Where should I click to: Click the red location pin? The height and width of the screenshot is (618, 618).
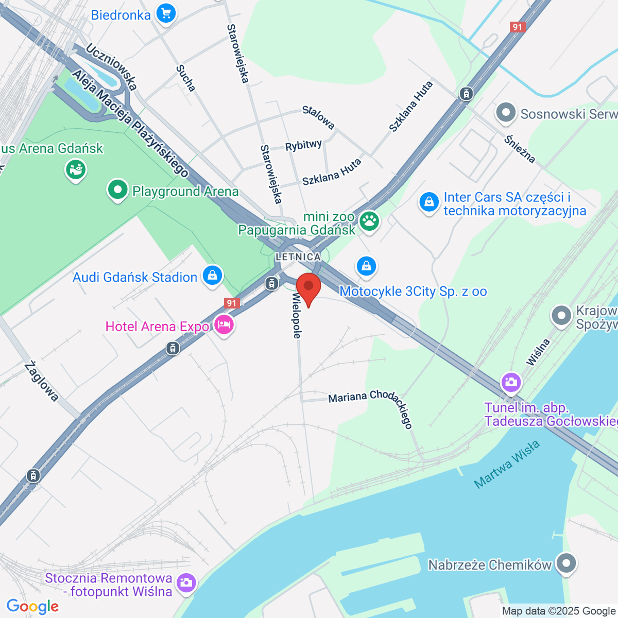(x=308, y=288)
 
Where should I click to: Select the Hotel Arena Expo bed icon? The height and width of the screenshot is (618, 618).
(x=224, y=325)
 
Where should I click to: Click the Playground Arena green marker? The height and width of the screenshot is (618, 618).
(x=118, y=190)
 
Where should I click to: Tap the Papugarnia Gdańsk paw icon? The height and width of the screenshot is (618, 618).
(x=369, y=221)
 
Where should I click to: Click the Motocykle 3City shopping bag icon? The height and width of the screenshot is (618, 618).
(x=366, y=266)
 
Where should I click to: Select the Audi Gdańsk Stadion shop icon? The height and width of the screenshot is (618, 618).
(x=212, y=275)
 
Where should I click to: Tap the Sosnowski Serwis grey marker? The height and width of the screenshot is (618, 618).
(x=505, y=113)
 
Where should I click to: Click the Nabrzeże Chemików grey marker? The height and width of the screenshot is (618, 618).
(x=567, y=563)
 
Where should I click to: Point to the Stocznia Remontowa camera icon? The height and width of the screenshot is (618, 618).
(x=185, y=583)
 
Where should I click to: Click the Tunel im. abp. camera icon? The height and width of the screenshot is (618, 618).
(x=511, y=382)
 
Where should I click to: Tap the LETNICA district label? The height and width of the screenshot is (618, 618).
(x=298, y=256)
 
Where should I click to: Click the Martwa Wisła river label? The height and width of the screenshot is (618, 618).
(x=507, y=465)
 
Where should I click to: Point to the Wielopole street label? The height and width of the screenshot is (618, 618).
(x=296, y=316)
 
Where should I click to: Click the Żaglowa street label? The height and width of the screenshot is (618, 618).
(x=41, y=381)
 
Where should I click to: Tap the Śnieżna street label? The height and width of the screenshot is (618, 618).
(x=520, y=149)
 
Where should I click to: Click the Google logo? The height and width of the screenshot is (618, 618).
(x=32, y=606)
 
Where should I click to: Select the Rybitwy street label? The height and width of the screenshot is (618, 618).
(x=303, y=145)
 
